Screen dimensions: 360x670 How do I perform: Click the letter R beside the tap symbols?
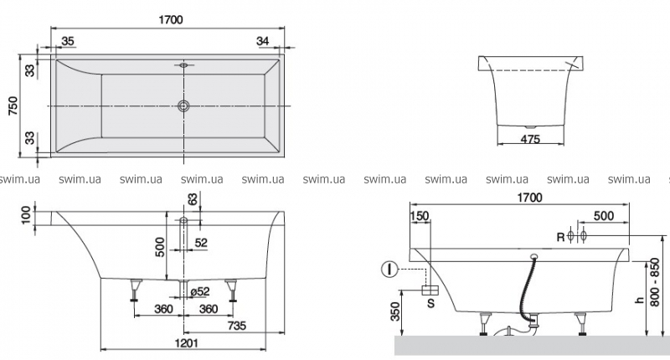(x=560, y=236)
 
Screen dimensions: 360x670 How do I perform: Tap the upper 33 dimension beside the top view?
(x=29, y=70)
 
